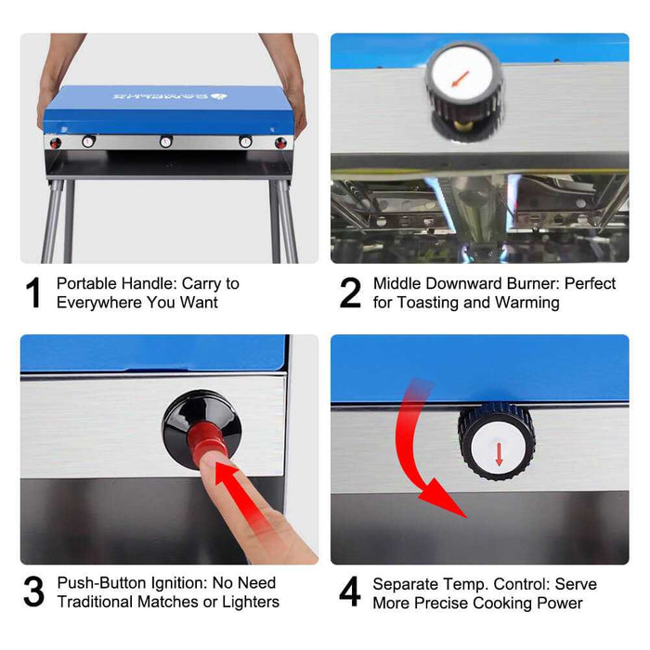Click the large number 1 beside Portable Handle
34,292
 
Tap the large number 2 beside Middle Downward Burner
350,292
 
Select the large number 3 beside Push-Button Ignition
33,592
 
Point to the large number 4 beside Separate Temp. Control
350,592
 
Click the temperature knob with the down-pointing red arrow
497,440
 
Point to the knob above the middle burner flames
463,84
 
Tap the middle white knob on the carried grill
166,142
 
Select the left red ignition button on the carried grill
55,142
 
